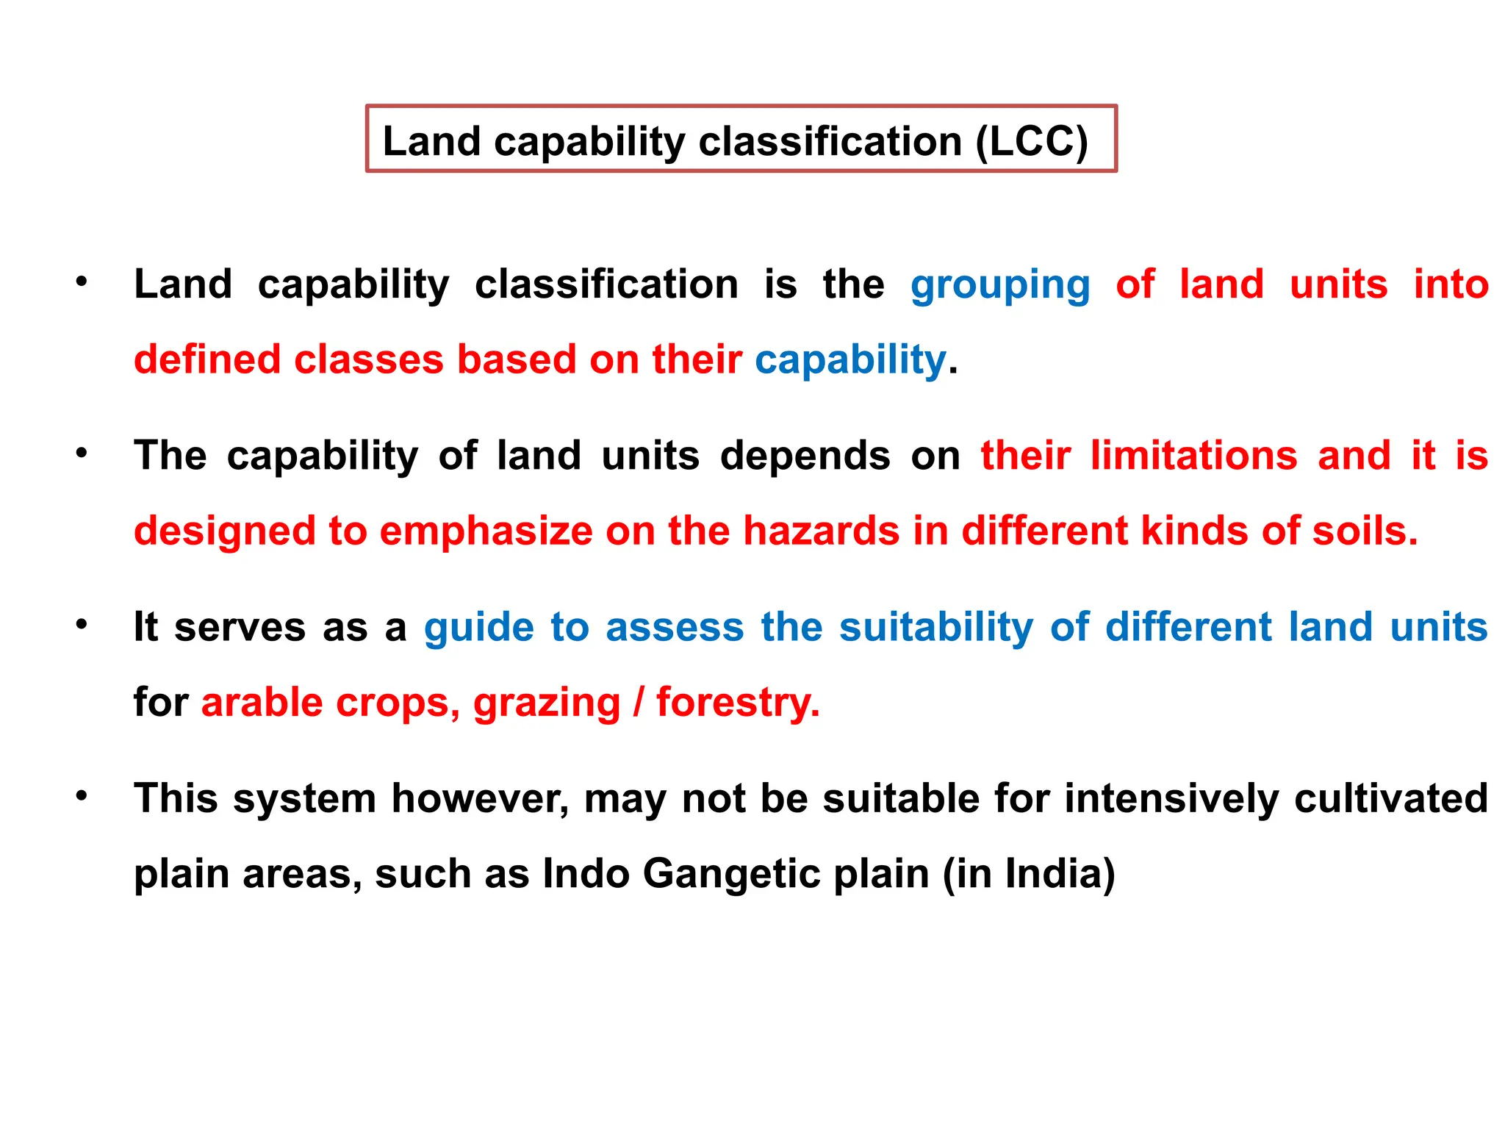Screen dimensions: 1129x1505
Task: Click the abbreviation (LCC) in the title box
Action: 1031,141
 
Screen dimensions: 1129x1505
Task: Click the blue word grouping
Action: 999,285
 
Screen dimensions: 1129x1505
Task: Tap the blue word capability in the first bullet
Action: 850,360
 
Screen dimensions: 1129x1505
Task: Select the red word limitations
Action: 1193,456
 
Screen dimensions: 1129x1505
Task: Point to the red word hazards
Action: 821,531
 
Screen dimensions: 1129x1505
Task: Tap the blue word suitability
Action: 935,628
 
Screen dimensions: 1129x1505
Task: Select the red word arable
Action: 262,703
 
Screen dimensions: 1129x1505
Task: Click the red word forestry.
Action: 737,703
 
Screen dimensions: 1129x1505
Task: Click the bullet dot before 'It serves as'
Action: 82,625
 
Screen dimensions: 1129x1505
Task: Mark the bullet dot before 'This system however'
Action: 82,796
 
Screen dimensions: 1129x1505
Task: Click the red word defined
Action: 206,360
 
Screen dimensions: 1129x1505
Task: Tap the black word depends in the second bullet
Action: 805,456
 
